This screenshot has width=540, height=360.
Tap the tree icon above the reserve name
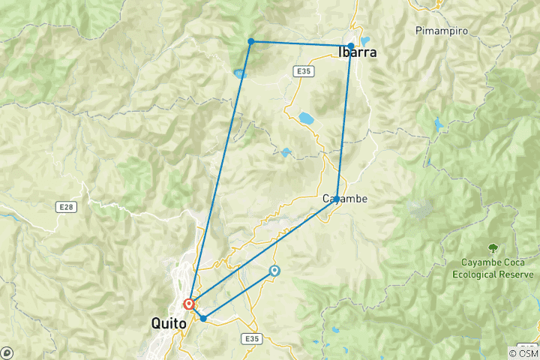[x=493, y=247]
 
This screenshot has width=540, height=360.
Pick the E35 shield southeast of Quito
[x=251, y=340]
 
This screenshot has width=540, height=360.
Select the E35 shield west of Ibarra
[x=301, y=70]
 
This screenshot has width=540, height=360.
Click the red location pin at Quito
[x=189, y=304]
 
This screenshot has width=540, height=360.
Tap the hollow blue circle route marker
[x=274, y=271]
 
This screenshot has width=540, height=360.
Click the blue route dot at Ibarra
[x=351, y=46]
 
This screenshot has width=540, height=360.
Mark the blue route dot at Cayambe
[x=337, y=199]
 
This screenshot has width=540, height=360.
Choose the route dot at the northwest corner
[x=251, y=41]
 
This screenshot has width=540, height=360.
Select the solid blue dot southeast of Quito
[x=203, y=319]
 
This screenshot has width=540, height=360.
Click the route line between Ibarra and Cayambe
[x=344, y=120]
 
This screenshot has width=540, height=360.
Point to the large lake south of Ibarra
[x=306, y=118]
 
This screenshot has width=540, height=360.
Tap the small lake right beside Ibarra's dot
[x=365, y=41]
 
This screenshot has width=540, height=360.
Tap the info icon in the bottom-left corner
[x=7, y=352]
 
